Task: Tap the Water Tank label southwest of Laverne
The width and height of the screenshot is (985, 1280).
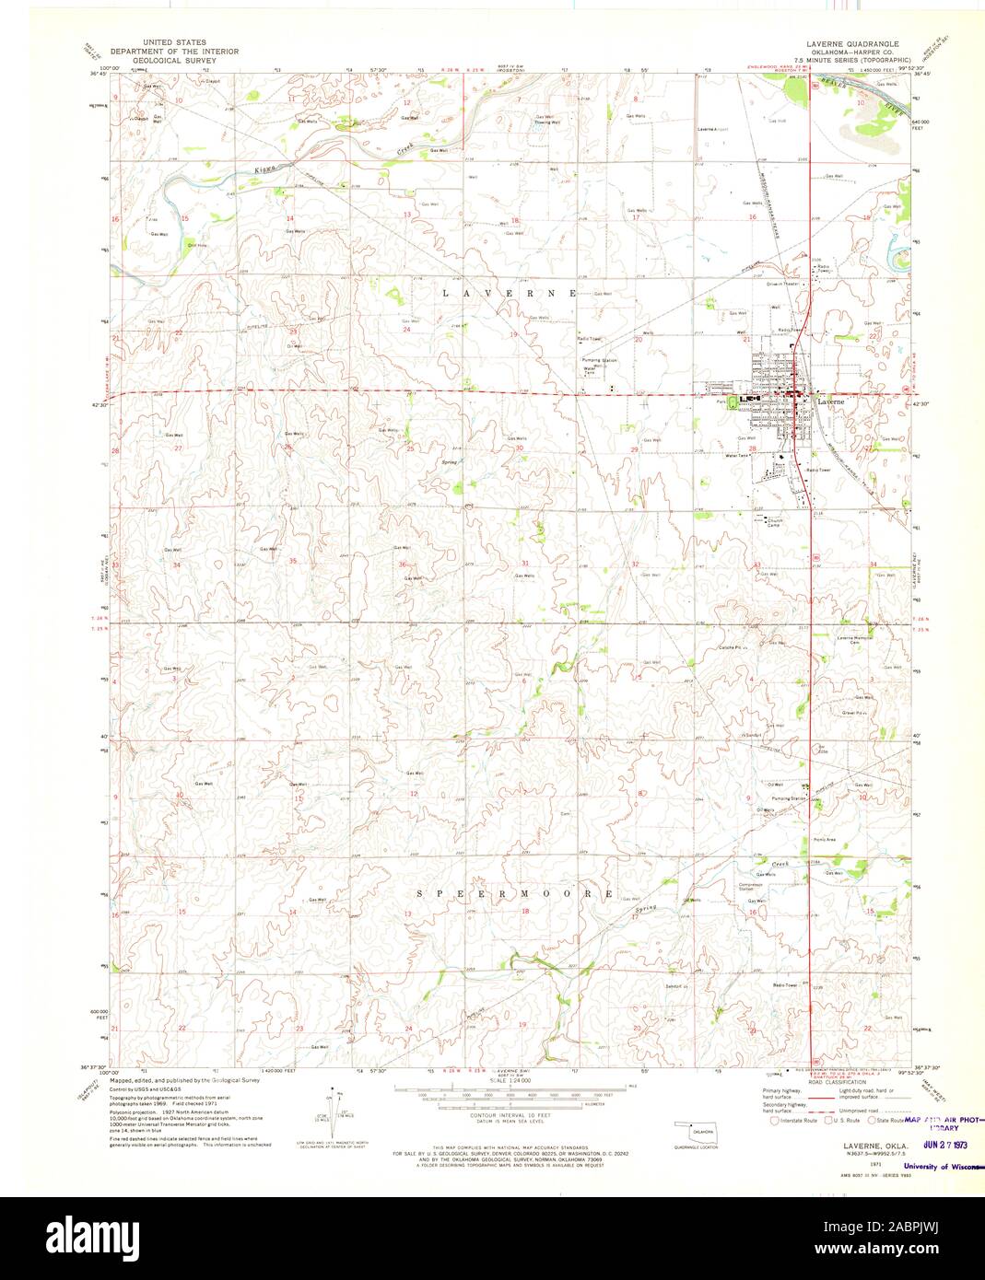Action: point(737,456)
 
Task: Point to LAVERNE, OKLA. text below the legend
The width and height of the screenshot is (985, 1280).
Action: point(848,1145)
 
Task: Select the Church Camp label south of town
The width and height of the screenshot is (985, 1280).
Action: point(776,522)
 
